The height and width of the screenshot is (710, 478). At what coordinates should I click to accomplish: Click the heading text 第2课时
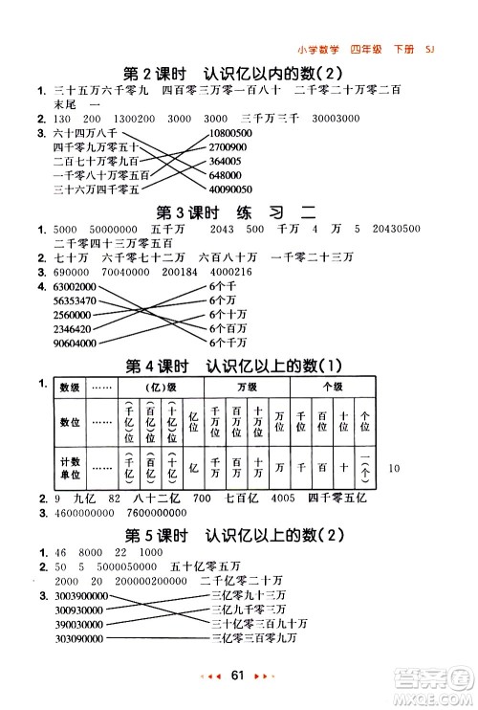159,72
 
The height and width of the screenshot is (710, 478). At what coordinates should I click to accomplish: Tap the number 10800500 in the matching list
228,134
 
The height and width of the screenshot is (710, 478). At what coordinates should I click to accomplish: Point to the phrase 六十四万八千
85,134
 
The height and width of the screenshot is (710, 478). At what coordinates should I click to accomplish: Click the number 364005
222,161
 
